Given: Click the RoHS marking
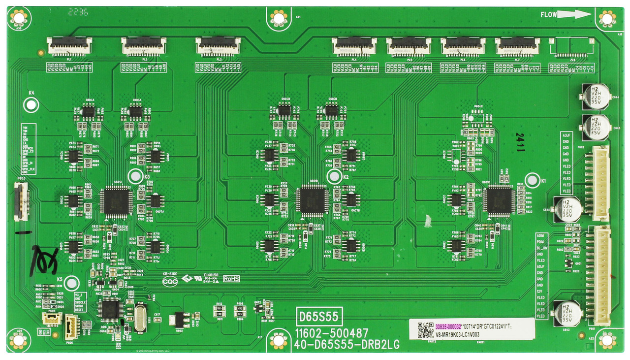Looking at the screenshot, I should (x=231, y=278).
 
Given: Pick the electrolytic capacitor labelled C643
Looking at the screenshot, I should (x=567, y=314).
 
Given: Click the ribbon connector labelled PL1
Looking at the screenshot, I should (x=69, y=46).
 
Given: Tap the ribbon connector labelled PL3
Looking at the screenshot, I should (x=218, y=46).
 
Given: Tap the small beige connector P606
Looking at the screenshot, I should (x=71, y=325).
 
